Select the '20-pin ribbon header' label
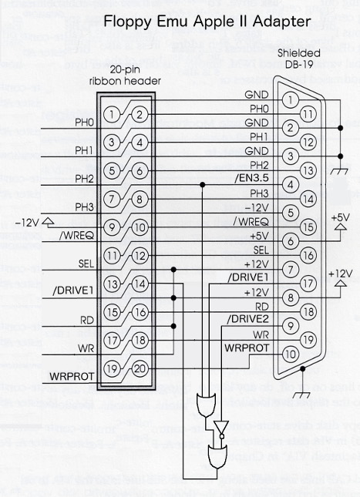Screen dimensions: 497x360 [x=124, y=75]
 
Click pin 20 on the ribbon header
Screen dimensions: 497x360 [x=139, y=368]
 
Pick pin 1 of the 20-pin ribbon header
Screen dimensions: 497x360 [x=113, y=116]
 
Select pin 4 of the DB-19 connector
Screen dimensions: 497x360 [x=289, y=185]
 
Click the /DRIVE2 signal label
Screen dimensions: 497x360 [x=247, y=319]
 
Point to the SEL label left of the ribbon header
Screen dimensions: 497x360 [x=86, y=264]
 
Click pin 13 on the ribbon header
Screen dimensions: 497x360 [x=113, y=284]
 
